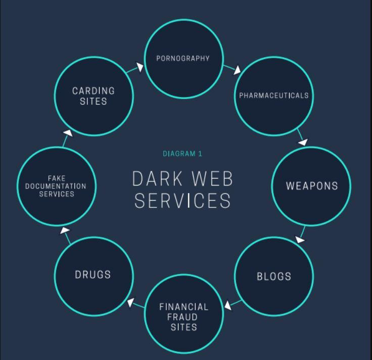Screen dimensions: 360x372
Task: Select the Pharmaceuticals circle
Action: click(x=274, y=96)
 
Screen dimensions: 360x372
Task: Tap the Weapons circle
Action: click(x=311, y=186)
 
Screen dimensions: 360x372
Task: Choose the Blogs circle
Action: click(x=274, y=276)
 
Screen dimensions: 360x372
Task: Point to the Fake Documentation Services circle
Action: click(x=56, y=186)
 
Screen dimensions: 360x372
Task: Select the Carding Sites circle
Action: click(x=94, y=96)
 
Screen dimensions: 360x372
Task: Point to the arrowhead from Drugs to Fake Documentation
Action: click(x=65, y=231)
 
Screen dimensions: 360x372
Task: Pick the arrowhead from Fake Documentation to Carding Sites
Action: click(x=68, y=132)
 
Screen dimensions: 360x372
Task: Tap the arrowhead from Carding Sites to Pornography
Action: click(x=139, y=66)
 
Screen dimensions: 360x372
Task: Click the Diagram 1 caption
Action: click(x=182, y=154)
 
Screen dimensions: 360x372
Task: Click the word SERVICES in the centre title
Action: click(x=182, y=201)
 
